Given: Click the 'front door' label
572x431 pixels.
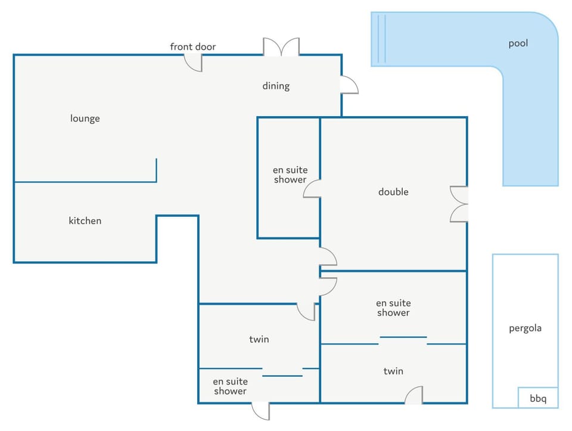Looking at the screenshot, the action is coord(192,46).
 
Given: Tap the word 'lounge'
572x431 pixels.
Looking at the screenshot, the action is coord(85,119).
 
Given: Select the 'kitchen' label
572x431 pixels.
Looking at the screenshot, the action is coord(85,221).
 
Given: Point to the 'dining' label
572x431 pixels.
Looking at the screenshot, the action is coord(276,86).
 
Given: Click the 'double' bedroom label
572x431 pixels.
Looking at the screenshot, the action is coord(393,192).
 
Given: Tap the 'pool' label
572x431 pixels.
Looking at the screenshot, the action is coord(518,44).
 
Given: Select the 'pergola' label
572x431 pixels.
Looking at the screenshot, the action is coord(525,328).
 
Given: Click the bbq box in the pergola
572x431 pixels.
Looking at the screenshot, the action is coord(538,398).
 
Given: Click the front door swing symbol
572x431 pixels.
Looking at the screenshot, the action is coord(193,63).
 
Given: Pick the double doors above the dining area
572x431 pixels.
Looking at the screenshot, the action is coord(281,46).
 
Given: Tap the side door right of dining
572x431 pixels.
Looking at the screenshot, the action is coord(349,85).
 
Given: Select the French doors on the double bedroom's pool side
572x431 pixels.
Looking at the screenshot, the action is coord(459,204).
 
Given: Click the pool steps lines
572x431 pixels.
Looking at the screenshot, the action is coord(381,39).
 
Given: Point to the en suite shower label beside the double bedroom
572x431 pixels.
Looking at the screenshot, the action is coord(290,175).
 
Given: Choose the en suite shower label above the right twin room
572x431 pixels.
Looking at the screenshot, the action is coord(393,308).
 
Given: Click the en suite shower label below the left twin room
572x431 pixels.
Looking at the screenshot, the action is coord(230,386).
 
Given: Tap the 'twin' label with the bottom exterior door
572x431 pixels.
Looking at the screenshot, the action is coord(393,371).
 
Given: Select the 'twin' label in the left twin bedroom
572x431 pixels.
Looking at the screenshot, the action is coord(259,339).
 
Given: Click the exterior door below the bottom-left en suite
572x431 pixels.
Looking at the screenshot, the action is coord(261,411).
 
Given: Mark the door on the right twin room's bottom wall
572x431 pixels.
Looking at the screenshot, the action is coord(414,395).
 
